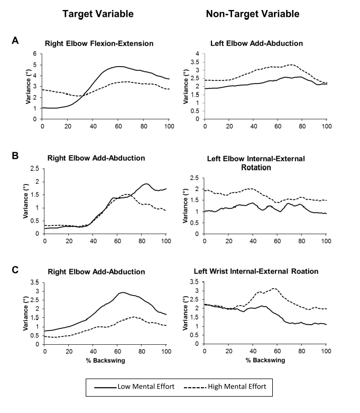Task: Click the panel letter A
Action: click(16, 40)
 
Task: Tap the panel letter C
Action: click(16, 270)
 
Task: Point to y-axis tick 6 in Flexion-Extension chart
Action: click(36, 53)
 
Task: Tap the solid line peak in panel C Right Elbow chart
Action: click(123, 292)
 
